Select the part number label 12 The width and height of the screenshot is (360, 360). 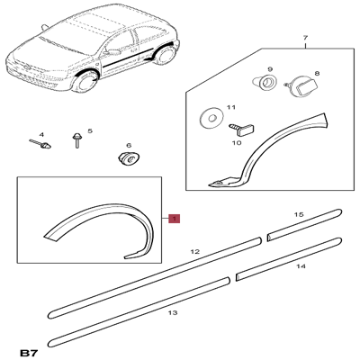[194, 253]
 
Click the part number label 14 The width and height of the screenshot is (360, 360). [301, 267]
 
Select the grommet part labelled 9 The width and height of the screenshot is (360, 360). [266, 85]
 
